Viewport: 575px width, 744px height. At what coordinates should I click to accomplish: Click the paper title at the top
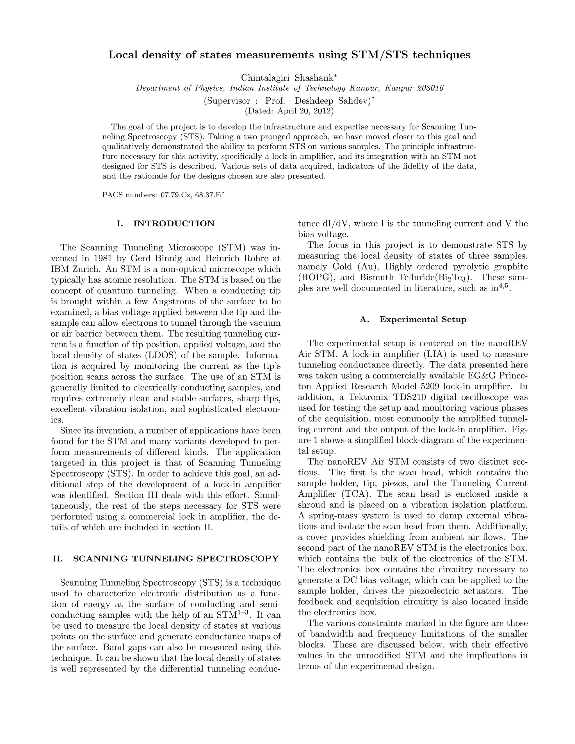[289, 55]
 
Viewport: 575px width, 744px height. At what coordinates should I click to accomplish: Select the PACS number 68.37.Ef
[209, 195]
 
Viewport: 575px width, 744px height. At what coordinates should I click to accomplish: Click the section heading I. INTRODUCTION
[166, 224]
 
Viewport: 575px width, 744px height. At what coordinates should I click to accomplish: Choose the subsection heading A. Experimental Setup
[413, 319]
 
